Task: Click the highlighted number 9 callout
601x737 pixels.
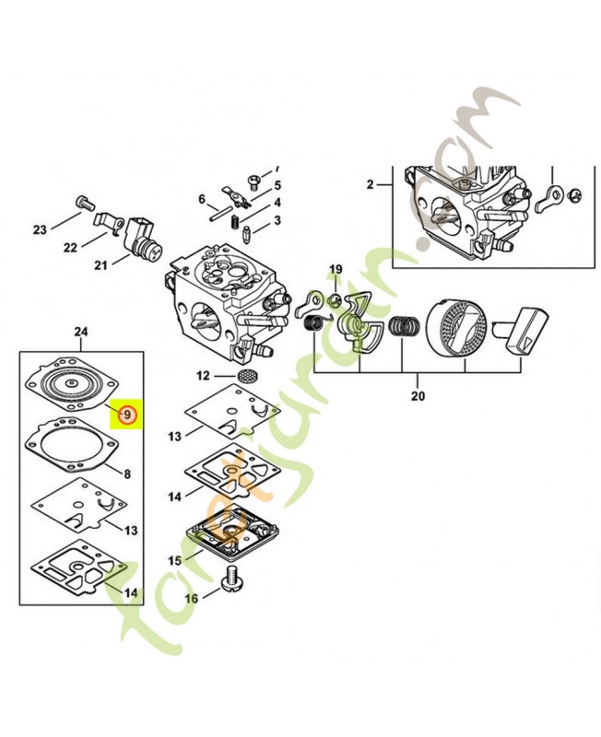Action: point(127,415)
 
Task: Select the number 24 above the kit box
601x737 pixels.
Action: point(81,331)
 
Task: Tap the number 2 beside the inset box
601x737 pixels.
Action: point(371,185)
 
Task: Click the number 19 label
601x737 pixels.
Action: point(336,269)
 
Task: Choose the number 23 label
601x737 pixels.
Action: point(40,229)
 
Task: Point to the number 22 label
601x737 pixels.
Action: point(70,248)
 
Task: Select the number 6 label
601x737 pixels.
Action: point(201,199)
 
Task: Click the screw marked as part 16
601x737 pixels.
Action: point(233,579)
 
